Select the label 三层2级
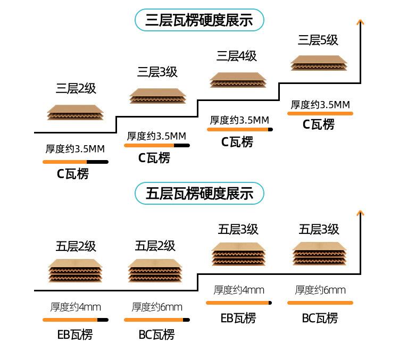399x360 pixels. pos(76,89)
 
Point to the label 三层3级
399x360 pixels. pos(157,72)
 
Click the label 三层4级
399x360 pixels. pos(237,56)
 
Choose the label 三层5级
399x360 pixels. pos(318,40)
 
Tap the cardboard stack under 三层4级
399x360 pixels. pos(237,80)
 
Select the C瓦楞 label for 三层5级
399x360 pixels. pos(319,125)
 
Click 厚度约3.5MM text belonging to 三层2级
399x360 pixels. pos(74,149)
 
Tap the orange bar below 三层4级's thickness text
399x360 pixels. pos(239,129)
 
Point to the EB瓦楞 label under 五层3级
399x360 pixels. pos(238,318)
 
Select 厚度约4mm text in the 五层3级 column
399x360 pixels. pos(239,290)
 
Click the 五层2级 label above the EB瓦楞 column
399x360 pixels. pos(76,246)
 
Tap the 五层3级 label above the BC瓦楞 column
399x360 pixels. pos(319,230)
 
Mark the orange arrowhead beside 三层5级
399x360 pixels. pos(361,22)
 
